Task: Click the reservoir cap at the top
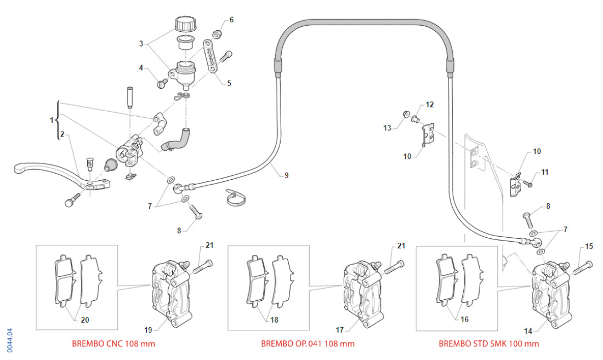click(185, 24)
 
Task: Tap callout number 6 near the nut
click(231, 20)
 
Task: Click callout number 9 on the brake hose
click(286, 175)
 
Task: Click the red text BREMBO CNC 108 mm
click(113, 344)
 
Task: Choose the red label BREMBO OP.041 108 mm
click(308, 344)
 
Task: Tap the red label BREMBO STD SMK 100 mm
click(488, 344)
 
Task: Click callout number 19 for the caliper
click(148, 330)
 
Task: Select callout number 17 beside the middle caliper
click(340, 330)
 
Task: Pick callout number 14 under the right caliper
click(528, 331)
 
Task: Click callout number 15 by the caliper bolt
click(589, 247)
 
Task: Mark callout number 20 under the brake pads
click(84, 320)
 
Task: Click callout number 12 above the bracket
click(429, 104)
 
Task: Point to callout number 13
click(388, 128)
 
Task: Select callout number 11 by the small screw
click(544, 172)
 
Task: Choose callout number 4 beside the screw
click(141, 68)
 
